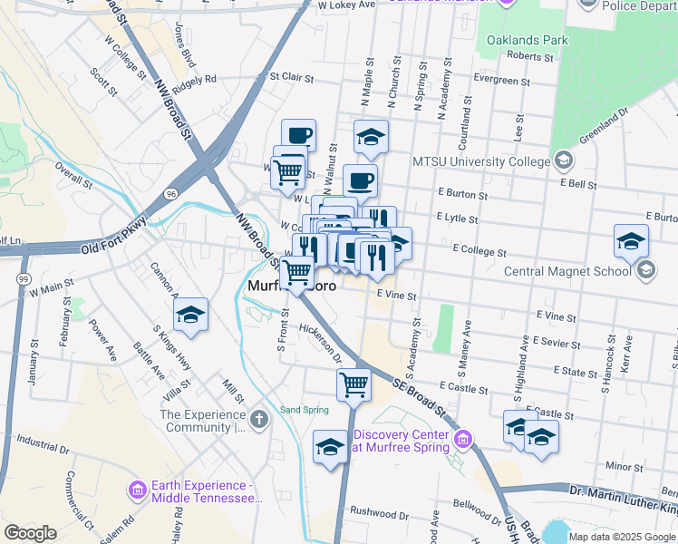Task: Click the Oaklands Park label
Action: [x=527, y=40]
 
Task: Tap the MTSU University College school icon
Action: [x=563, y=161]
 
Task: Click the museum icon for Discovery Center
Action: [x=463, y=441]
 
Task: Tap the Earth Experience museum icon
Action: [x=139, y=491]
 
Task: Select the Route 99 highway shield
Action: [x=23, y=280]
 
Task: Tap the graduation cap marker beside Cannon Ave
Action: [x=190, y=315]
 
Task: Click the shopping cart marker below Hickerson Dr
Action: [x=354, y=384]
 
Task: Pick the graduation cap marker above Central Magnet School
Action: [x=631, y=241]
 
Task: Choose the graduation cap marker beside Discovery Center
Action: [x=330, y=446]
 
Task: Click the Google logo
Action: [x=30, y=533]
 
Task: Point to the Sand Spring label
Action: [x=304, y=410]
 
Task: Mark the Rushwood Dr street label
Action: [x=380, y=513]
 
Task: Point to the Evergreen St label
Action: [x=501, y=81]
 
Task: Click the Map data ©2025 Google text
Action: [x=621, y=536]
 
